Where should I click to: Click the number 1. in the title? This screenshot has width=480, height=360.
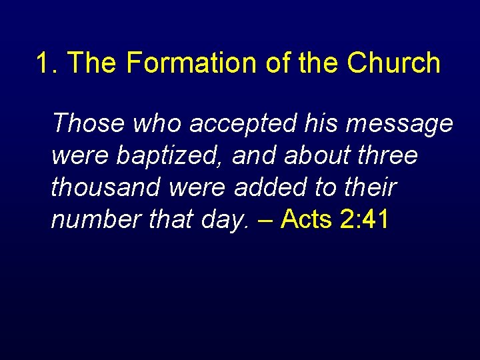pyautogui.click(x=47, y=64)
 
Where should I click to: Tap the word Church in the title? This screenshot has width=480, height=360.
pyautogui.click(x=393, y=64)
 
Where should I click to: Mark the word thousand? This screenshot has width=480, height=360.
pyautogui.click(x=107, y=187)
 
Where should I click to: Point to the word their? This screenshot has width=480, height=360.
pyautogui.click(x=369, y=187)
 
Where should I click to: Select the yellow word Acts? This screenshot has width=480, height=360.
pyautogui.click(x=308, y=219)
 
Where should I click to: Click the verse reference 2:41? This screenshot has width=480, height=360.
pyautogui.click(x=363, y=219)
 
